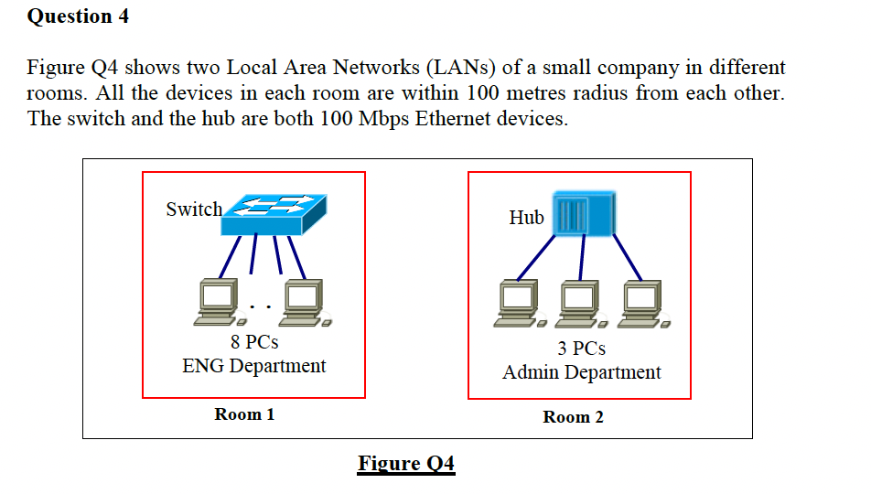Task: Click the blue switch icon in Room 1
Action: (274, 214)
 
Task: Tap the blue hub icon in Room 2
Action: (584, 213)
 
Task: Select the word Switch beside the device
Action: (194, 209)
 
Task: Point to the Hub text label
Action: (527, 217)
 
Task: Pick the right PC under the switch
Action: (305, 303)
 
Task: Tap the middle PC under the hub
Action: (581, 304)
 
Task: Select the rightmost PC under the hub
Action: (644, 304)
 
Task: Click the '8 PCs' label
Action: (254, 341)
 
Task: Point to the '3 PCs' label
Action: (582, 348)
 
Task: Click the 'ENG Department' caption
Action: (253, 366)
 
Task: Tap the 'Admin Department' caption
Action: (582, 371)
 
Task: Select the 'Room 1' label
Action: (244, 414)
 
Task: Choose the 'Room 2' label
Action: (573, 417)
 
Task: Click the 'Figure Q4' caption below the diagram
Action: (406, 464)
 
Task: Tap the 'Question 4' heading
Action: (78, 16)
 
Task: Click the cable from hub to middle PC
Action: (582, 258)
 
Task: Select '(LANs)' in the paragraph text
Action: (460, 67)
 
